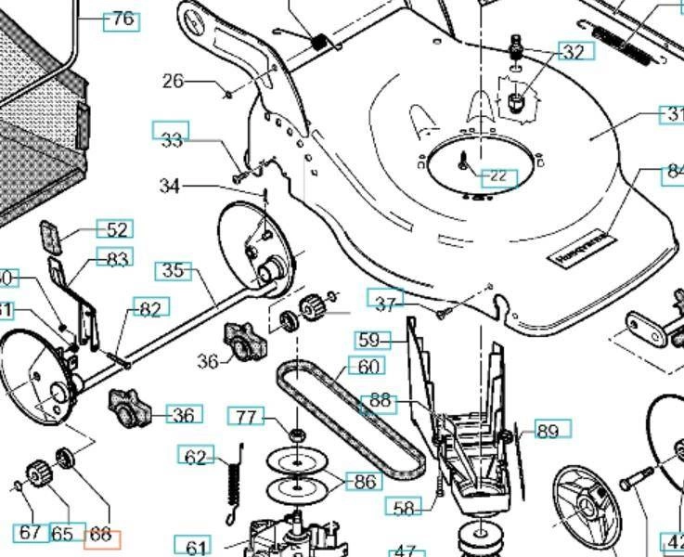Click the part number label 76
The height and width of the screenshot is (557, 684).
tap(121, 19)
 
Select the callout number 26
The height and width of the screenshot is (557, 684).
tap(174, 82)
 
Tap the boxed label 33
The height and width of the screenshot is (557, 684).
tap(171, 139)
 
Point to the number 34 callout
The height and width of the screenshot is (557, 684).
tap(169, 187)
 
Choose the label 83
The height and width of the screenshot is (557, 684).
tap(116, 258)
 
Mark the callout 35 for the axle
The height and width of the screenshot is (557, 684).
tap(174, 271)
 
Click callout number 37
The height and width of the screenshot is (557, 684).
tap(385, 303)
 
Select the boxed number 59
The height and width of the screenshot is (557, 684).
tap(369, 341)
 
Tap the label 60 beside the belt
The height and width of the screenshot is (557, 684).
tap(367, 367)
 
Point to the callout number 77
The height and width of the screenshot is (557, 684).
tap(245, 417)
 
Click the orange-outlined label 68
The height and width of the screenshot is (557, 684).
tap(100, 536)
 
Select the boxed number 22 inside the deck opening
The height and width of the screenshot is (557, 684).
tap(498, 176)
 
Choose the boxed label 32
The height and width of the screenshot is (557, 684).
tap(574, 52)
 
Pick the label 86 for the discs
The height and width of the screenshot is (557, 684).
tap(364, 481)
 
